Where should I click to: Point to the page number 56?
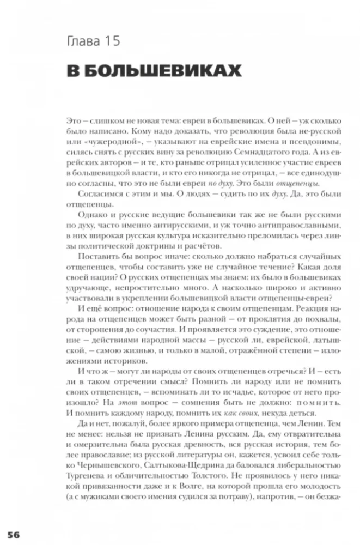coord(13,534)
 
